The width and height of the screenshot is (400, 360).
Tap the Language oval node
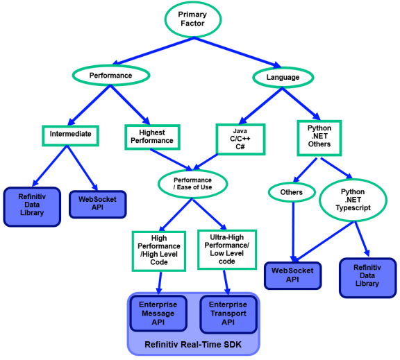(x=283, y=77)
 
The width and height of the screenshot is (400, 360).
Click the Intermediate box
(x=70, y=135)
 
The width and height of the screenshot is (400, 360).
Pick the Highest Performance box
(x=151, y=136)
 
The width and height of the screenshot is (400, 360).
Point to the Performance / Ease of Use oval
(x=193, y=184)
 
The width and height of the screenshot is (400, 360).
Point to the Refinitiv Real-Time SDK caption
(x=193, y=344)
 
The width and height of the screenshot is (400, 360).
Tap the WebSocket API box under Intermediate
(x=97, y=204)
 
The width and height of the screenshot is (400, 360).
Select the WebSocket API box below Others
(x=292, y=274)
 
